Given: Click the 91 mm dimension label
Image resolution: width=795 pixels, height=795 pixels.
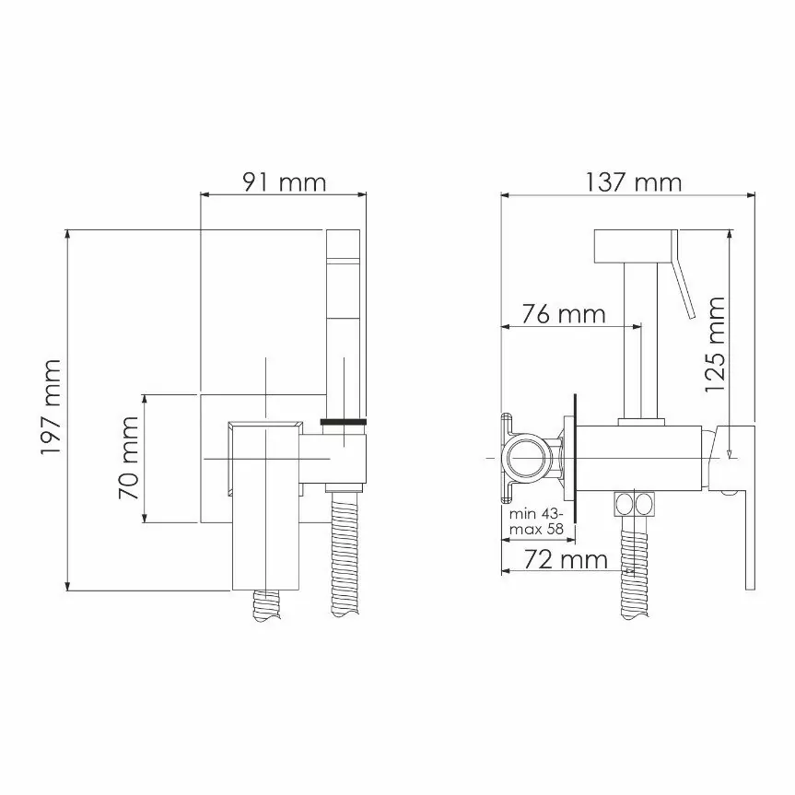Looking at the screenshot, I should [284, 181].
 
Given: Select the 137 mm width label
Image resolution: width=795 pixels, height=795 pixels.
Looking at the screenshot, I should [634, 181].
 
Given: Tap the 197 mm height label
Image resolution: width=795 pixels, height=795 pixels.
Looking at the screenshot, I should [50, 407].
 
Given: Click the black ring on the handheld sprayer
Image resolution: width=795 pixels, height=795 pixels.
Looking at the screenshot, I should [345, 423].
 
